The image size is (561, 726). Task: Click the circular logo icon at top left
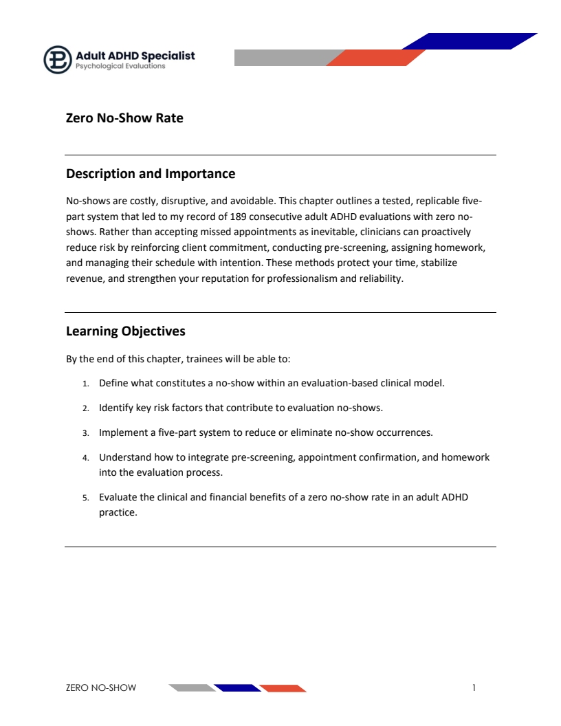tap(58, 60)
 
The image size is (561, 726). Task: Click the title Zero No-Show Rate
tap(124, 118)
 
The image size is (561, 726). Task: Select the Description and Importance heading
tap(151, 174)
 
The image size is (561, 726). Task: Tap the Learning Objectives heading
tap(126, 331)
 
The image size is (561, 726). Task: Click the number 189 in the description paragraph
tap(239, 217)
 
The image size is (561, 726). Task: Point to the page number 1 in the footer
tap(474, 687)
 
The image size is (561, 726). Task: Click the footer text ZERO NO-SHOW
tap(101, 688)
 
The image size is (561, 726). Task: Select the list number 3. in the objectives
tap(86, 433)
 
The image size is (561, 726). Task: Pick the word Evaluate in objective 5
tap(118, 496)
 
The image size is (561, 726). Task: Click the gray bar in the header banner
tap(282, 58)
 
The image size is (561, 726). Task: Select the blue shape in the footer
tap(237, 688)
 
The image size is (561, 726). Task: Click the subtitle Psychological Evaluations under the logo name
tap(120, 67)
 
